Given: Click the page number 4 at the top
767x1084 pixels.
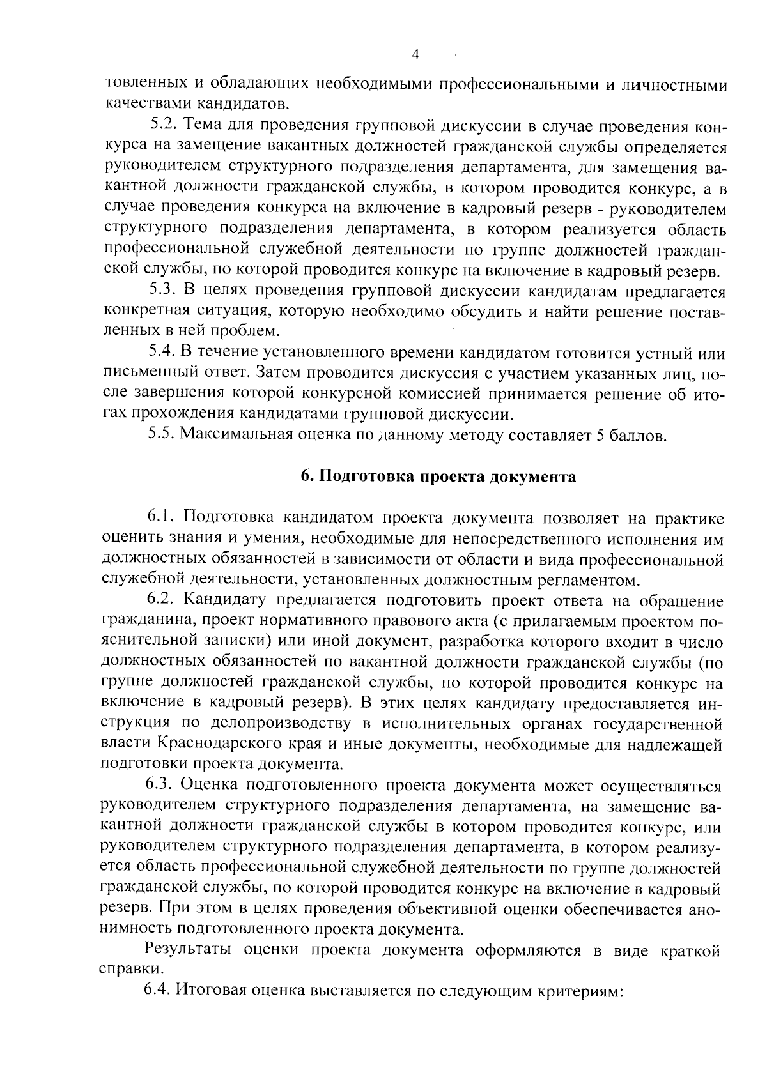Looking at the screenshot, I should [415, 55].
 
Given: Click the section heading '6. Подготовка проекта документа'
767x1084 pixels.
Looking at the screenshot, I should [438, 477].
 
